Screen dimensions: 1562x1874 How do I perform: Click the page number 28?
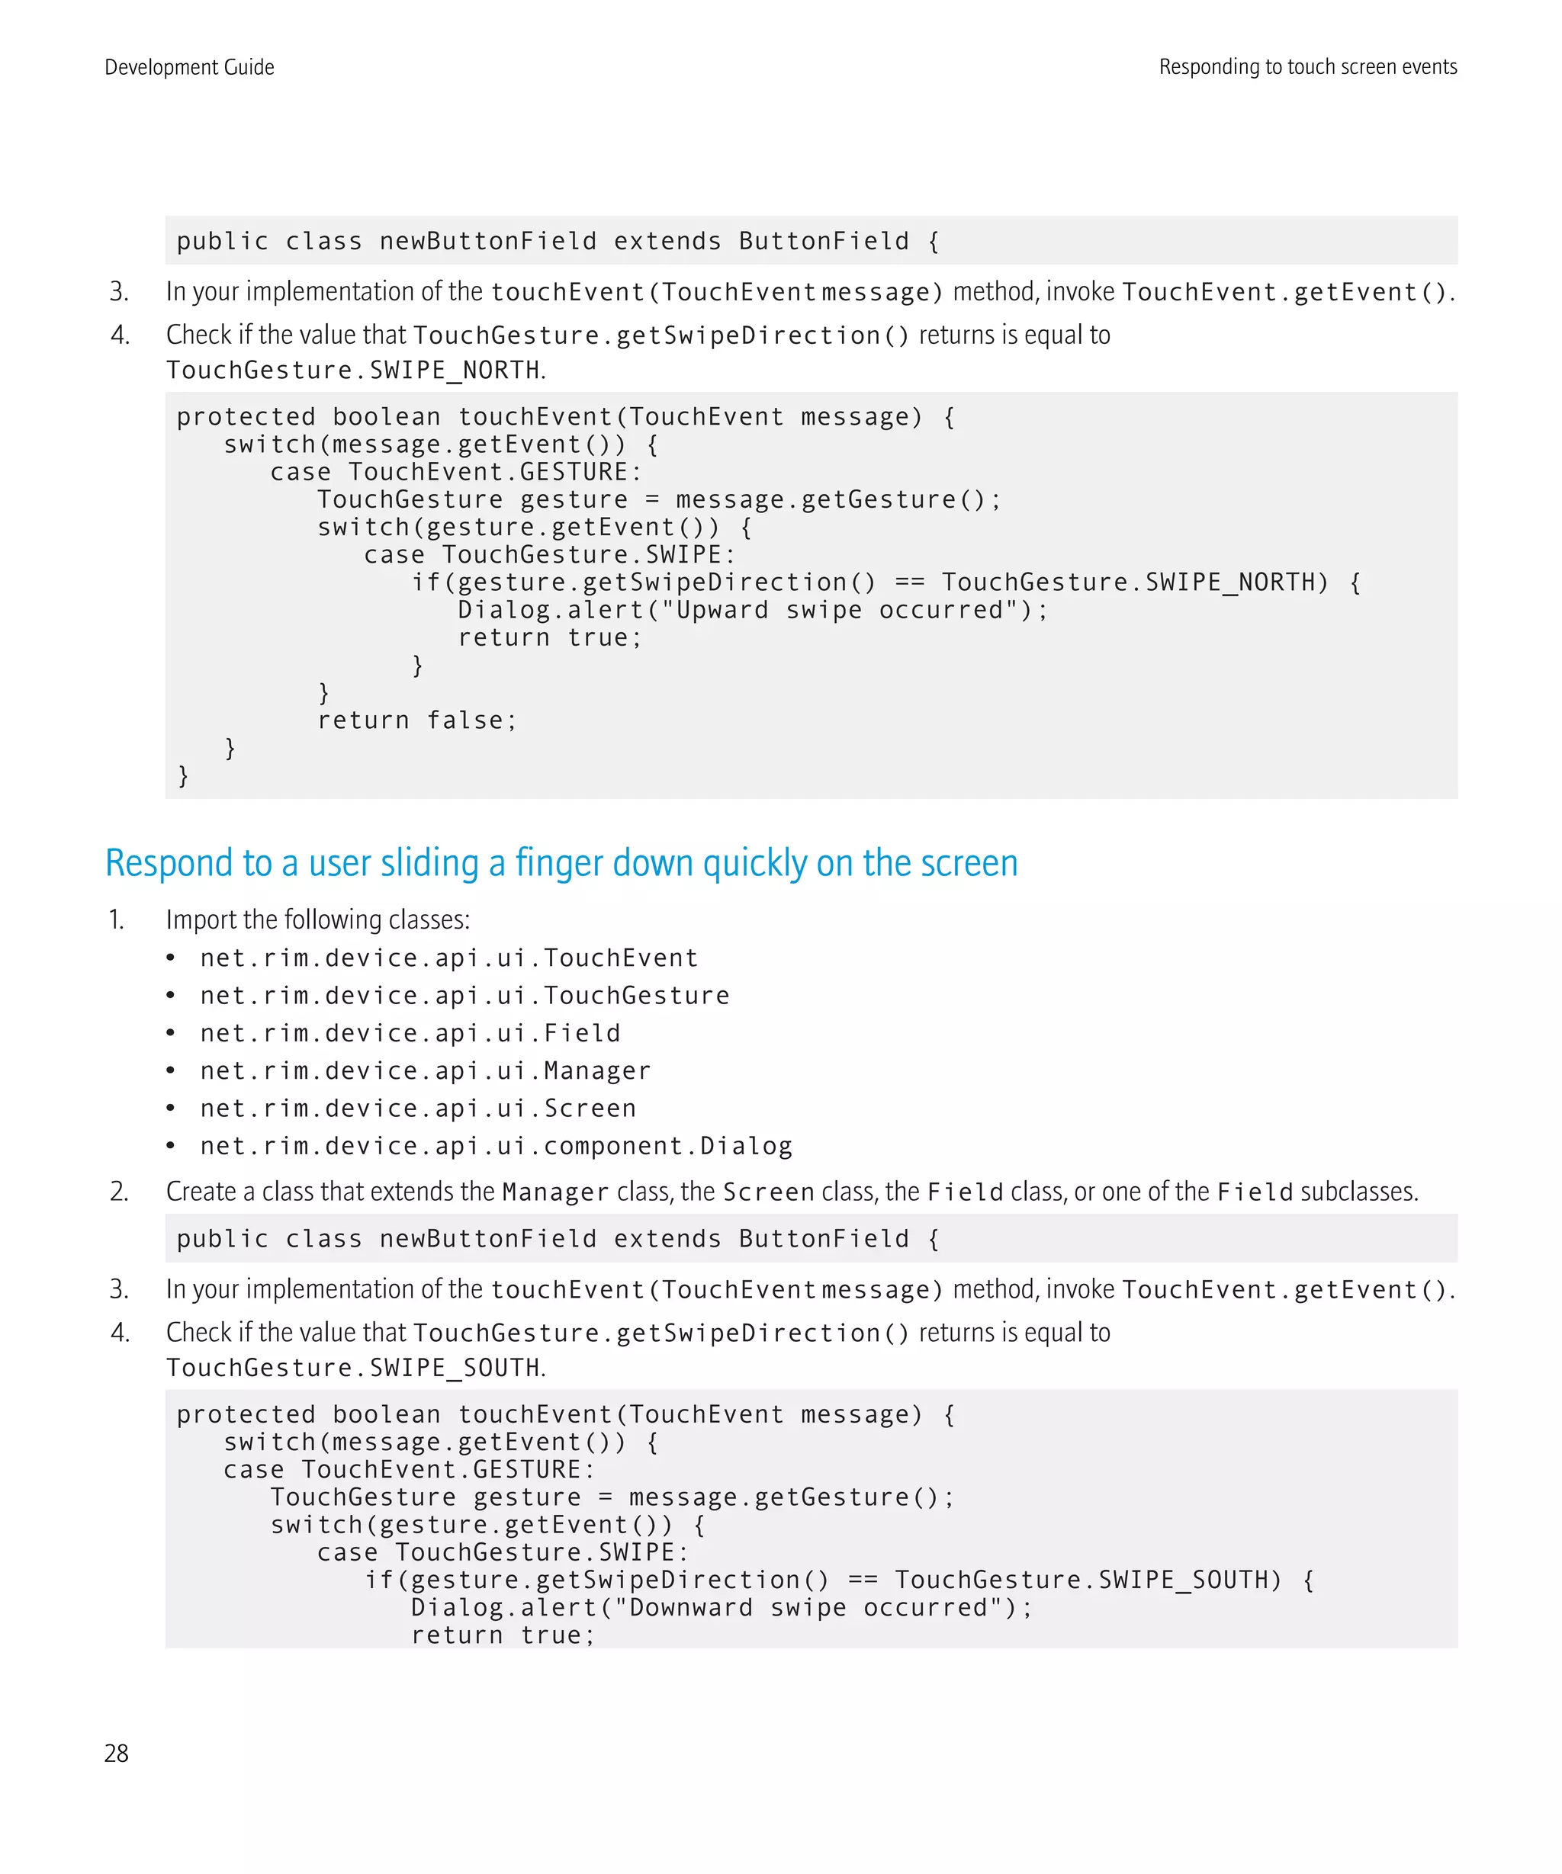pos(116,1754)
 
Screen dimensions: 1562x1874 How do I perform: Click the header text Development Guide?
pos(189,67)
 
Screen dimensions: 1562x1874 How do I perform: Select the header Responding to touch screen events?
pos(1307,67)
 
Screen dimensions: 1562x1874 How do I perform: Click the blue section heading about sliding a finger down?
pos(561,863)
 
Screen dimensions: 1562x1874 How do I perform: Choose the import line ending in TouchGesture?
pos(464,996)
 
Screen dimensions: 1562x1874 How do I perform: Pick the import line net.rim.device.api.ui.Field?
pos(410,1033)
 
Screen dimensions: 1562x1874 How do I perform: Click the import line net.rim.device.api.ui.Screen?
pos(418,1109)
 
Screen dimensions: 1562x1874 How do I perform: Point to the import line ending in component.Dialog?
pos(496,1146)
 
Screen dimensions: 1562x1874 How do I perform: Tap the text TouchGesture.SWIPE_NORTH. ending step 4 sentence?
pos(355,371)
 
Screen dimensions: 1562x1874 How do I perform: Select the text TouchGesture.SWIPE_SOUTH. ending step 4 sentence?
pos(355,1368)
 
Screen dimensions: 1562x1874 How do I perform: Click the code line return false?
pos(417,721)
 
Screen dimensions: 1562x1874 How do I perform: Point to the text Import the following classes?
pos(318,920)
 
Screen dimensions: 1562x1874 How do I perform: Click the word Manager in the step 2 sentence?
pos(555,1192)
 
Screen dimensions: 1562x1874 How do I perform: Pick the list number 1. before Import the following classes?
pos(116,920)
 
